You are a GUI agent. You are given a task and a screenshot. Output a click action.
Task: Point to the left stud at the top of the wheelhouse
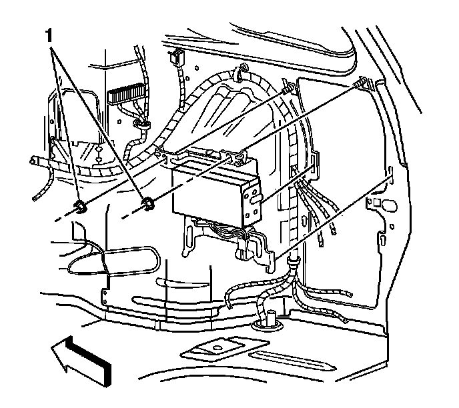tap(287, 89)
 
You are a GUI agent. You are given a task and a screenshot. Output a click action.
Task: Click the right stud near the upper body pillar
tap(362, 83)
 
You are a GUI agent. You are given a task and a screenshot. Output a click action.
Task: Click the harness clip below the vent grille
tap(141, 124)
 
